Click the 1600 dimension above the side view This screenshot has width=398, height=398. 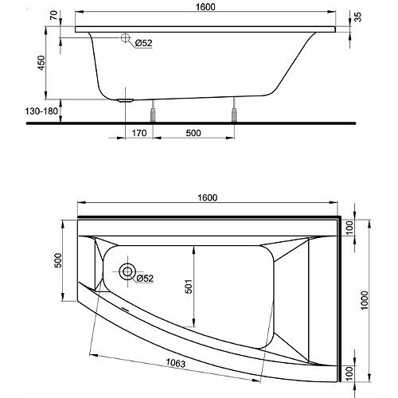[205, 7]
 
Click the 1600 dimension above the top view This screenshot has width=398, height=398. [208, 197]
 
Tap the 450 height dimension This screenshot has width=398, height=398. [41, 63]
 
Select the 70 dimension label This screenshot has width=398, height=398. [54, 15]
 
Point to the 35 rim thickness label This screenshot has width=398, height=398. [358, 17]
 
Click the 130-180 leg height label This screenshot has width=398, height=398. [41, 111]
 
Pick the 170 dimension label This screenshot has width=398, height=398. [139, 133]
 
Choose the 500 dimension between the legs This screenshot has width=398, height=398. [193, 133]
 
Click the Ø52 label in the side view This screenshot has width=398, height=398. [144, 43]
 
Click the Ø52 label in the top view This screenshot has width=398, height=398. [145, 279]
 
